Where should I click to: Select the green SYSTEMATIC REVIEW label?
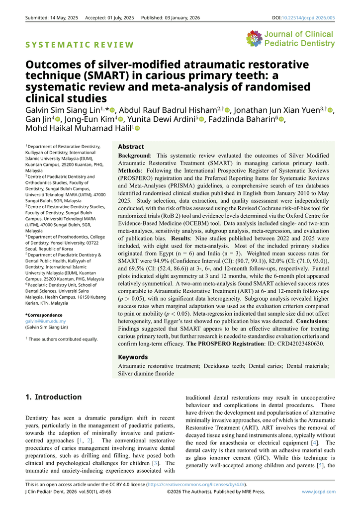[x=80, y=45]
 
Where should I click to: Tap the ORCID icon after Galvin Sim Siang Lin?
[x=112, y=110]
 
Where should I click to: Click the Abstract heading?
[x=131, y=147]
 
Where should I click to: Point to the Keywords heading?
[x=133, y=357]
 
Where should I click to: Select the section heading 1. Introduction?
[x=54, y=397]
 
